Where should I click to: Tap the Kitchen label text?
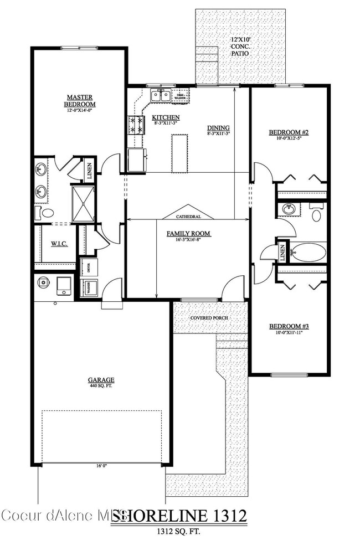click(x=166, y=117)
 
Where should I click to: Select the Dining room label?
click(x=218, y=126)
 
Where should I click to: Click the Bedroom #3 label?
click(x=289, y=326)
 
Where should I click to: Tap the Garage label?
click(x=101, y=380)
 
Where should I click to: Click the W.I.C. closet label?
click(x=59, y=244)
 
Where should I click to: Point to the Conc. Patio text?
click(x=240, y=47)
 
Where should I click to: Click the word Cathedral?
click(x=188, y=217)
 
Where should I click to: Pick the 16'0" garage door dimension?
click(x=101, y=466)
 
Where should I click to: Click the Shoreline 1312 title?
click(x=178, y=516)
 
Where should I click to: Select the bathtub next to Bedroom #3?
click(x=308, y=252)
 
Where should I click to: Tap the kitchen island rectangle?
click(x=178, y=152)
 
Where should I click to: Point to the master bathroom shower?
click(x=83, y=203)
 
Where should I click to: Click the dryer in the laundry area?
click(x=89, y=266)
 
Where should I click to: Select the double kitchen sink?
click(x=161, y=95)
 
